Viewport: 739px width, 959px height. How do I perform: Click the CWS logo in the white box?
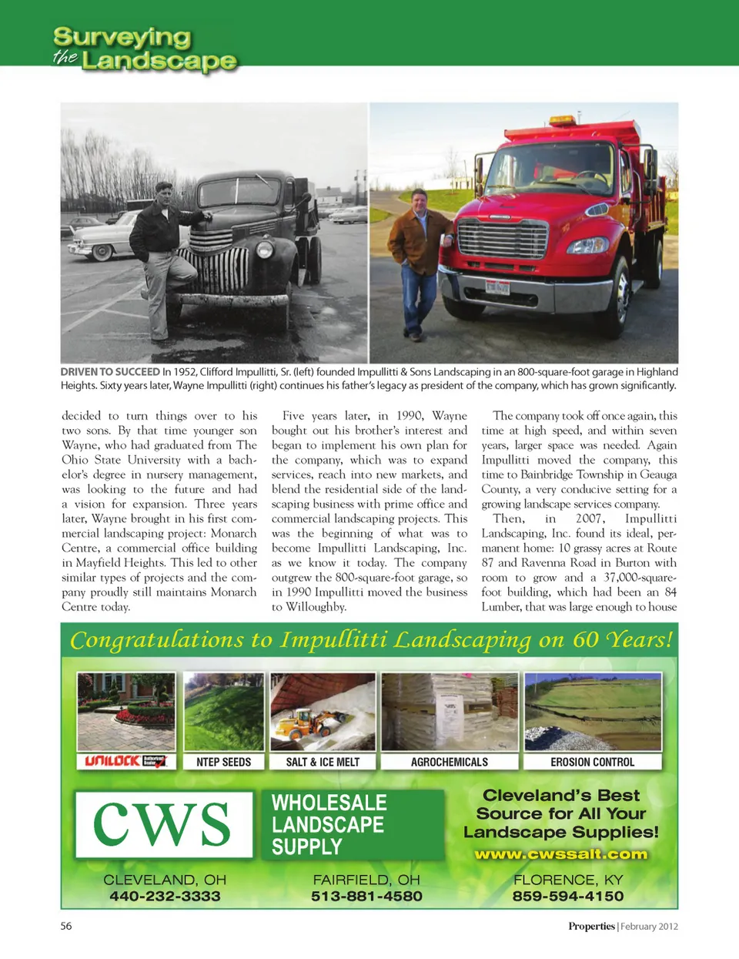[163, 824]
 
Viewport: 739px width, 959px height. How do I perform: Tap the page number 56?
[66, 926]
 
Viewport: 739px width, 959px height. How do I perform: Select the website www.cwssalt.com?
[561, 854]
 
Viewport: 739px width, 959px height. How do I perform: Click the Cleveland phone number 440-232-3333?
[165, 897]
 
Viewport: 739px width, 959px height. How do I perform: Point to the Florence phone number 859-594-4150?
[568, 897]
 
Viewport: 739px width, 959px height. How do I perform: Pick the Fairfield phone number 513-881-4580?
[366, 897]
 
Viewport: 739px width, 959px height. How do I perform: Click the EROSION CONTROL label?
[592, 762]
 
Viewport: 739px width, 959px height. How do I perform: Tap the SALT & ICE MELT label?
[323, 762]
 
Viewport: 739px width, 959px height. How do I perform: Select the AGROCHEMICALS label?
[450, 762]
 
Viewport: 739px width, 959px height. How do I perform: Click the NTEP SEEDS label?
[223, 762]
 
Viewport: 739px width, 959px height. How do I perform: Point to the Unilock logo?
[126, 761]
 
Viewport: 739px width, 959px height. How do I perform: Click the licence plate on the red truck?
[497, 288]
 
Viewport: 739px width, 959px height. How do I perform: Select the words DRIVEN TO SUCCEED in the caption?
[110, 372]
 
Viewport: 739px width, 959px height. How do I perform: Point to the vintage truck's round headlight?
[264, 249]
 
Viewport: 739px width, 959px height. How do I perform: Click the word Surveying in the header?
[122, 36]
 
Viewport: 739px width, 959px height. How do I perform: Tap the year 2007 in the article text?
[590, 518]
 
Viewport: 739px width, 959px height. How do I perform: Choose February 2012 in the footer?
[649, 926]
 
